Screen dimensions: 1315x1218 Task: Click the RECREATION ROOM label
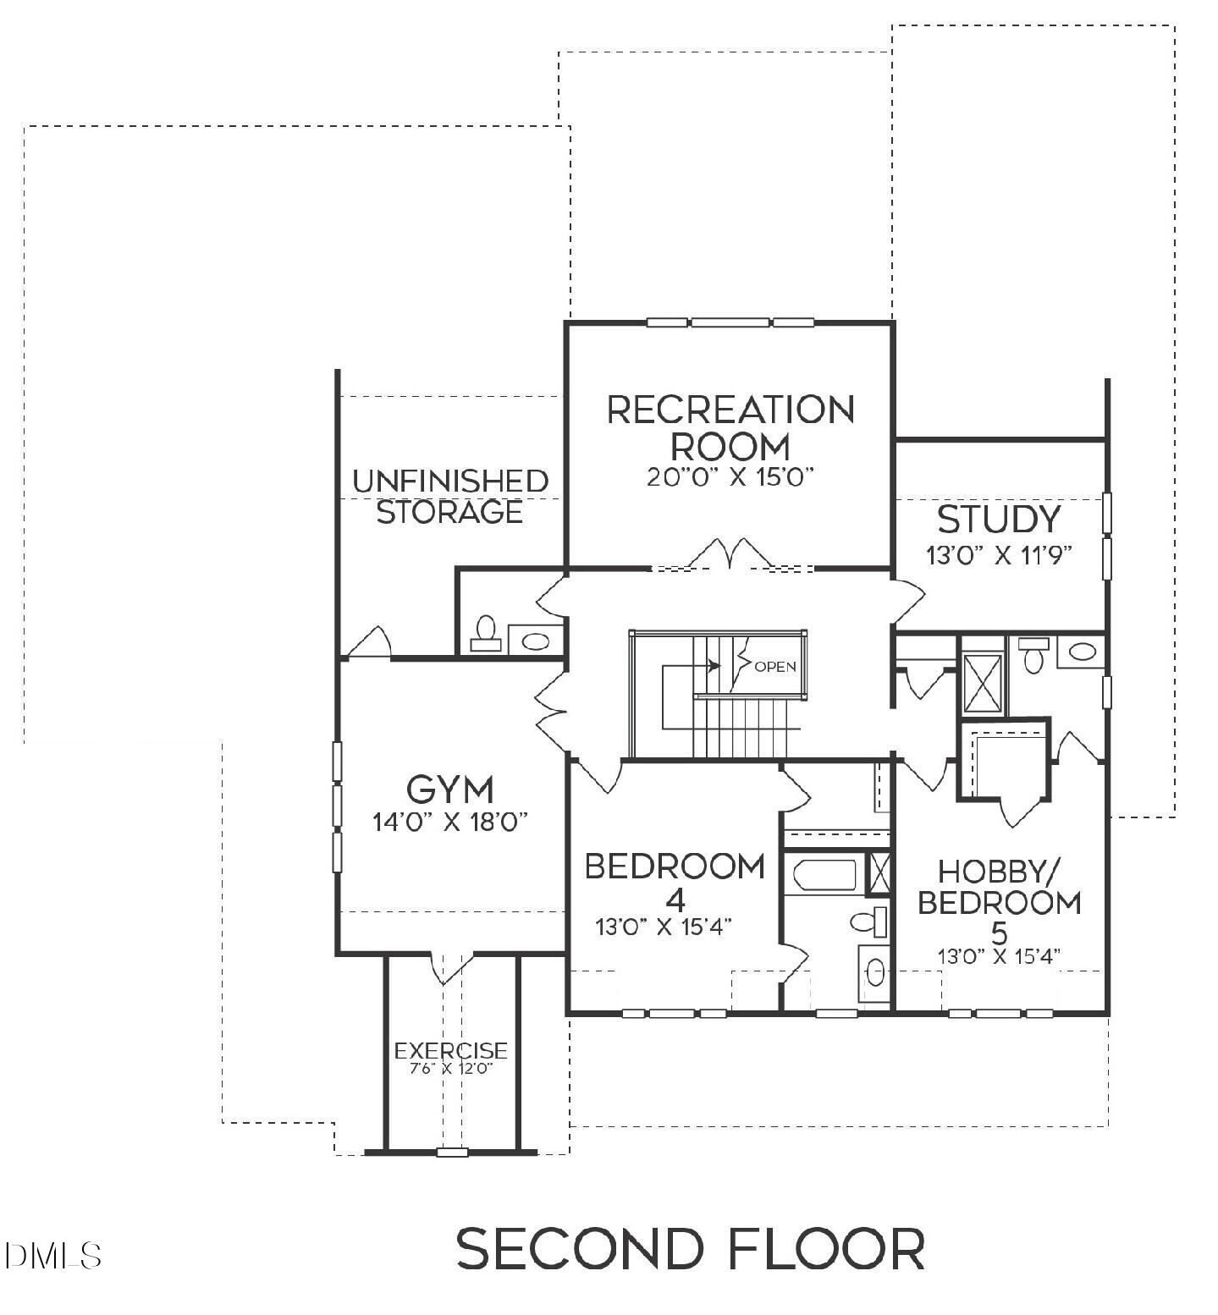pyautogui.click(x=730, y=427)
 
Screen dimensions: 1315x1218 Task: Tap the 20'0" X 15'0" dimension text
pyautogui.click(x=730, y=477)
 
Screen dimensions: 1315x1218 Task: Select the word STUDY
pyautogui.click(x=999, y=520)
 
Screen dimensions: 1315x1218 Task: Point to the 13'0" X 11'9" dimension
pyautogui.click(x=999, y=556)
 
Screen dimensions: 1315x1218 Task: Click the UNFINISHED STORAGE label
pyautogui.click(x=449, y=497)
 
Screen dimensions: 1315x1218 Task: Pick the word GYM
pyautogui.click(x=449, y=790)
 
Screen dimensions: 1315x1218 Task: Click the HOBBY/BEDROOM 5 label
pyautogui.click(x=999, y=902)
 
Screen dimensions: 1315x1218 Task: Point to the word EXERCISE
pyautogui.click(x=450, y=1051)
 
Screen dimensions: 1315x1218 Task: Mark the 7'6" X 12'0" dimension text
pyautogui.click(x=450, y=1068)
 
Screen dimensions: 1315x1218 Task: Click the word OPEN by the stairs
pyautogui.click(x=774, y=667)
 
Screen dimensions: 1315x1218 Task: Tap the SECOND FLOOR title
pyautogui.click(x=690, y=1249)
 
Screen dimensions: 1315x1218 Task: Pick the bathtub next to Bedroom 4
pyautogui.click(x=823, y=875)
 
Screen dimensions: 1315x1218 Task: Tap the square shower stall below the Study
pyautogui.click(x=982, y=684)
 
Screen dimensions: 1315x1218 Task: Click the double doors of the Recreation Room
pyautogui.click(x=730, y=554)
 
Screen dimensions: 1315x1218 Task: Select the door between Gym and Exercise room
pyautogui.click(x=450, y=967)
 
